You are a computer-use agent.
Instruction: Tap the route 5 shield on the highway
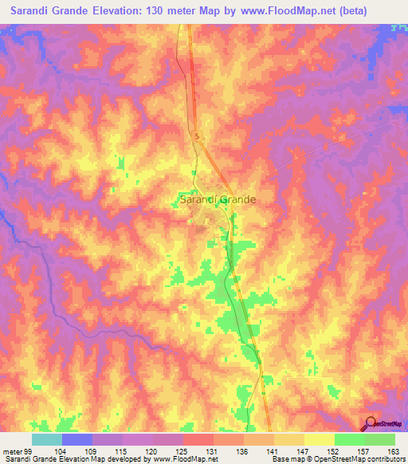(x=197, y=137)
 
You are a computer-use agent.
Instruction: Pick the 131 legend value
(x=214, y=452)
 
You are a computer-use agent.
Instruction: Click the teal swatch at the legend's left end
(x=47, y=439)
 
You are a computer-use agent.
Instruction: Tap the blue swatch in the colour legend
(x=77, y=439)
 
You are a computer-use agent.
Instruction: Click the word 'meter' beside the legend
(x=11, y=452)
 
